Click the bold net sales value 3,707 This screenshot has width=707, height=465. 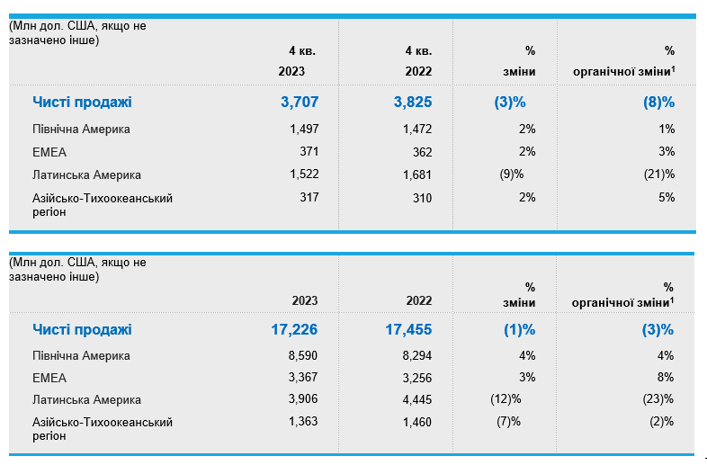coord(300,103)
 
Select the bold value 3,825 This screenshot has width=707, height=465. coord(413,103)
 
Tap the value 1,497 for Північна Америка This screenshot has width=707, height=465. coord(304,130)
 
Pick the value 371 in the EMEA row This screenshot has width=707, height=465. coord(309,152)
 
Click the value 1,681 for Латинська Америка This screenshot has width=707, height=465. coord(417,175)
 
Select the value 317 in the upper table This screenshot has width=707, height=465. coord(309,198)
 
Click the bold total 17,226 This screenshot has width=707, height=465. coord(294,330)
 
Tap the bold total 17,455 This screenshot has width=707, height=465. coord(408,330)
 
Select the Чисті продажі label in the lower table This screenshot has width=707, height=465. coord(82,330)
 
